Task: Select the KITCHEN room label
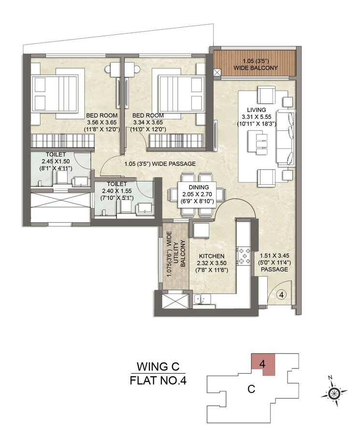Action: click(212, 256)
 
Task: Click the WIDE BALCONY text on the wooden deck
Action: click(256, 68)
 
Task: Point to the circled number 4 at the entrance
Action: click(282, 293)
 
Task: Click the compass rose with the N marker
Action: click(333, 393)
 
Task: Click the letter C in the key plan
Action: click(251, 388)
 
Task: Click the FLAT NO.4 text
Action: click(158, 381)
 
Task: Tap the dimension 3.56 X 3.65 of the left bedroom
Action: click(102, 123)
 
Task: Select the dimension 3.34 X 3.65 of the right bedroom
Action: click(148, 123)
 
